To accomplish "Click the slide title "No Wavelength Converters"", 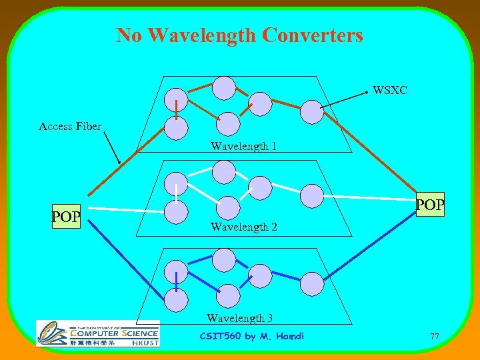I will coord(239,35).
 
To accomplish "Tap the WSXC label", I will coord(390,90).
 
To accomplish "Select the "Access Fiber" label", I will coord(70,126).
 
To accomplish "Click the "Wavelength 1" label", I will coord(244,146).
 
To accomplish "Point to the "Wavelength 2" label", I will coord(244,227).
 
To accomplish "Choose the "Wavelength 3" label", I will coord(239,318).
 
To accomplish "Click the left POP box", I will coord(66,217).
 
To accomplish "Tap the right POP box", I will coord(430,205).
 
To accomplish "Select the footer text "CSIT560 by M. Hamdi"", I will coord(252,336).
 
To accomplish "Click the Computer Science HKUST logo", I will coord(98,333).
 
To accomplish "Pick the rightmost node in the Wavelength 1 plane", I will coord(311,112).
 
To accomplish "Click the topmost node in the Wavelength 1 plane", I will coord(224,88).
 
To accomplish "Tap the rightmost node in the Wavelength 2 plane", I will coord(311,195).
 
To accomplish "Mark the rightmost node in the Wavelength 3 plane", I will coord(311,283).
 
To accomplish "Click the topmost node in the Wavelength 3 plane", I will coord(224,259).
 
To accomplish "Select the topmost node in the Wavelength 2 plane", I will coord(224,172).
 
